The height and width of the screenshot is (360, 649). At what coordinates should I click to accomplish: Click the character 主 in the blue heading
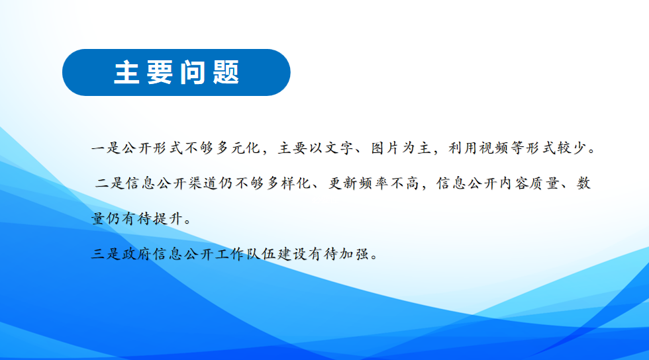(126, 72)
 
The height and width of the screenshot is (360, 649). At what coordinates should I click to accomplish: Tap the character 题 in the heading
(226, 72)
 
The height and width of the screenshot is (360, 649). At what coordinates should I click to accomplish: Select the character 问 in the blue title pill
(193, 72)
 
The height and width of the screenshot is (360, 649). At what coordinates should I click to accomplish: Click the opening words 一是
(106, 148)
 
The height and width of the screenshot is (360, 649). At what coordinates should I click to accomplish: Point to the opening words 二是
(110, 183)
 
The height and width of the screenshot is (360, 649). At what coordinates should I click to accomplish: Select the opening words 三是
(106, 253)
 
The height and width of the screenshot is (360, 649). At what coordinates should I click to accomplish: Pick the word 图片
(385, 148)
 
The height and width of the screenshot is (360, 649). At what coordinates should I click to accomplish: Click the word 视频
(494, 148)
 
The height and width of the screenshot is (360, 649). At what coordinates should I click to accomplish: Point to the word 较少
(572, 148)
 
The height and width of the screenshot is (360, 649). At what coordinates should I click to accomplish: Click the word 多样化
(289, 183)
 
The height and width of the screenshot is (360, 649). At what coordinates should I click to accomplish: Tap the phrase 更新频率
(358, 183)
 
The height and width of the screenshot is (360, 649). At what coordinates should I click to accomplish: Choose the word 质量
(546, 183)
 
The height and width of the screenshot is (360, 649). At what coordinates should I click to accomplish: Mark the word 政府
(137, 253)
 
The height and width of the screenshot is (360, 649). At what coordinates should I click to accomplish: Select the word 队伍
(261, 253)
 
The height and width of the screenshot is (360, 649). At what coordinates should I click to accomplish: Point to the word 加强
(354, 253)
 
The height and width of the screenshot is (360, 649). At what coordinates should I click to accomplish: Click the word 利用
(463, 148)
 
